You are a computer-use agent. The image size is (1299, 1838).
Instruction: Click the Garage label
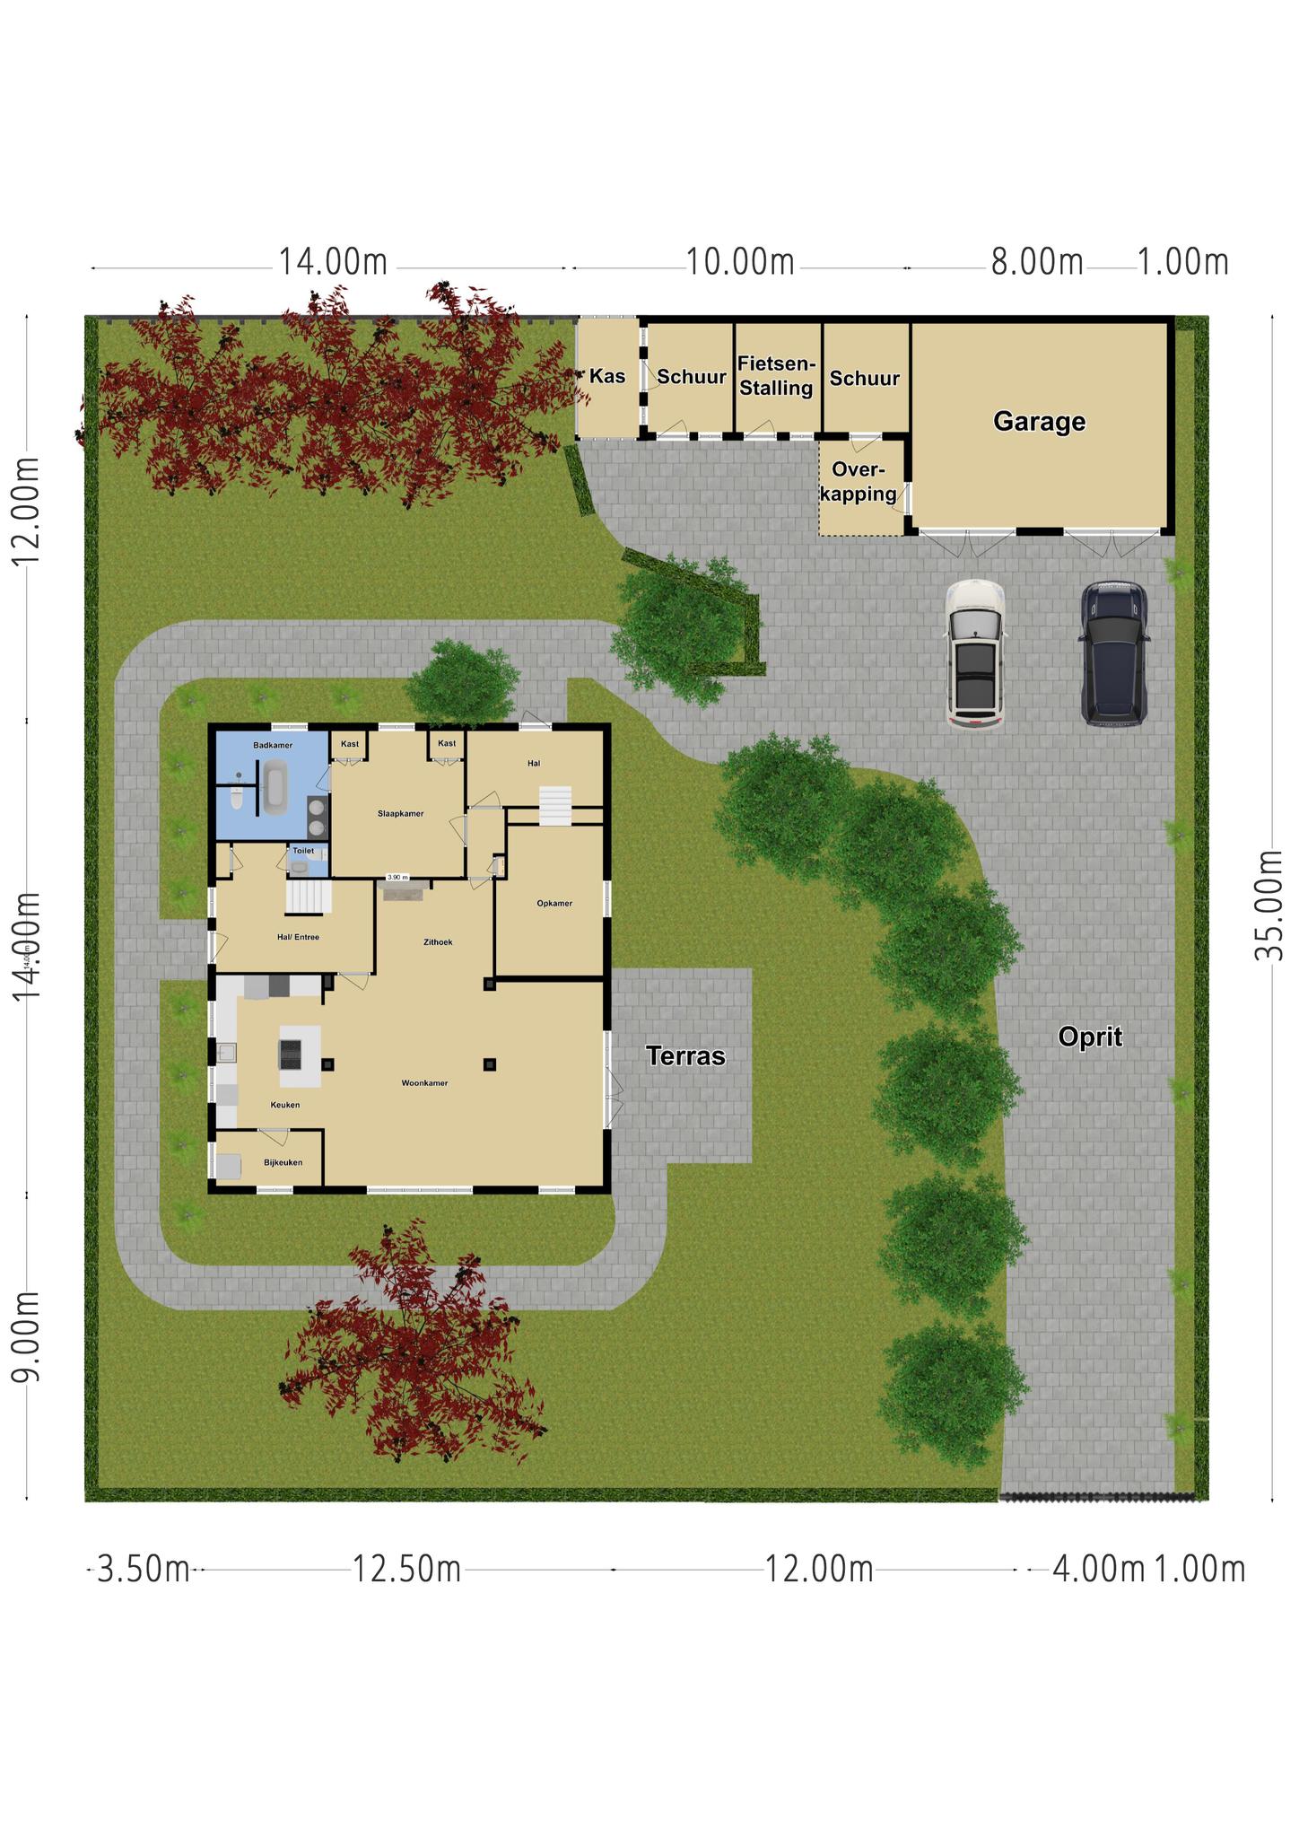coord(1039,422)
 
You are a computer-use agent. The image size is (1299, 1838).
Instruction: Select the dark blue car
coord(1113,652)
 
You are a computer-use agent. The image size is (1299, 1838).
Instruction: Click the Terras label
coord(685,1056)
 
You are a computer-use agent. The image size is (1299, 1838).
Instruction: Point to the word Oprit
coord(1090,1037)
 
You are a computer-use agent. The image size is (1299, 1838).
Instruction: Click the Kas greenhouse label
coord(607,376)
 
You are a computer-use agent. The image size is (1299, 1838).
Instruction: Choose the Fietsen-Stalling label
coord(777,376)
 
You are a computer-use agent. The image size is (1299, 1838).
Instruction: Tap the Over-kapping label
coord(858,482)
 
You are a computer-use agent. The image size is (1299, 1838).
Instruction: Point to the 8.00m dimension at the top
coord(1037,262)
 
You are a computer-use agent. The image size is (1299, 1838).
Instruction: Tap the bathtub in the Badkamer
coord(275,788)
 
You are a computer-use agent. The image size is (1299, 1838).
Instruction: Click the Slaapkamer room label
coord(400,814)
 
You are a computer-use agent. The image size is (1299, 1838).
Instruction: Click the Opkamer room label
coord(554,904)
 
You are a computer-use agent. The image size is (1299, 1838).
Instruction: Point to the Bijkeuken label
coord(283,1162)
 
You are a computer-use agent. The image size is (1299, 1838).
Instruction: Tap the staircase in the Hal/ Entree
coord(309,897)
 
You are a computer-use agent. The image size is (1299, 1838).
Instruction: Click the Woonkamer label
coord(424,1083)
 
